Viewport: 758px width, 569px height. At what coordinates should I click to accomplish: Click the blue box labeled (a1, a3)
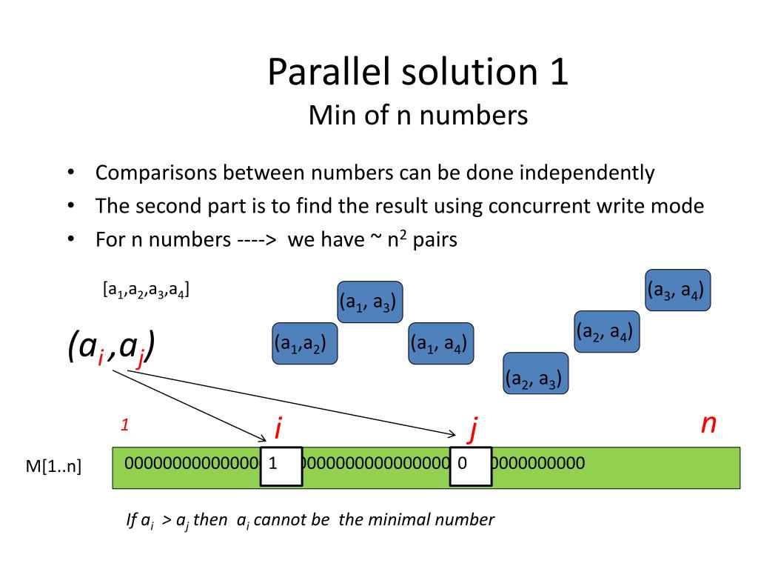pyautogui.click(x=369, y=302)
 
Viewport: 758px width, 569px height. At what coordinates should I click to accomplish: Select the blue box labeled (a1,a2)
pyautogui.click(x=305, y=344)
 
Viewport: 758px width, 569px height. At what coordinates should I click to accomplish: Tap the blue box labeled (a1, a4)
pyautogui.click(x=441, y=344)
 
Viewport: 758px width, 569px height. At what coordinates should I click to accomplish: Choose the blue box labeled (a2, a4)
pyautogui.click(x=607, y=332)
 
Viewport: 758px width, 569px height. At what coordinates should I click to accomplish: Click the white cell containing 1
pyautogui.click(x=281, y=466)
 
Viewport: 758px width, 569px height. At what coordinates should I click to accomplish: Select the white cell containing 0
pyautogui.click(x=472, y=466)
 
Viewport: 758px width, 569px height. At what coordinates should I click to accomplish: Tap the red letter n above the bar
pyautogui.click(x=708, y=423)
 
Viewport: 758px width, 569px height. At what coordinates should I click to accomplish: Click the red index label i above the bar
pyautogui.click(x=278, y=427)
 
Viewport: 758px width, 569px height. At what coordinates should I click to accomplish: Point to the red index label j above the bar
pyautogui.click(x=472, y=428)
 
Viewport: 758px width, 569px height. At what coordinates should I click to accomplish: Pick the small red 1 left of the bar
pyautogui.click(x=126, y=425)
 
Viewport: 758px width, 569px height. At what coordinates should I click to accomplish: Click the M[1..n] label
pyautogui.click(x=54, y=467)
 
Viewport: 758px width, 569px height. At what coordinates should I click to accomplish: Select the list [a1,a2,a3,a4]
pyautogui.click(x=146, y=290)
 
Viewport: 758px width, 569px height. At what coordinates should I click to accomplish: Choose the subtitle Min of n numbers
pyautogui.click(x=417, y=115)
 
